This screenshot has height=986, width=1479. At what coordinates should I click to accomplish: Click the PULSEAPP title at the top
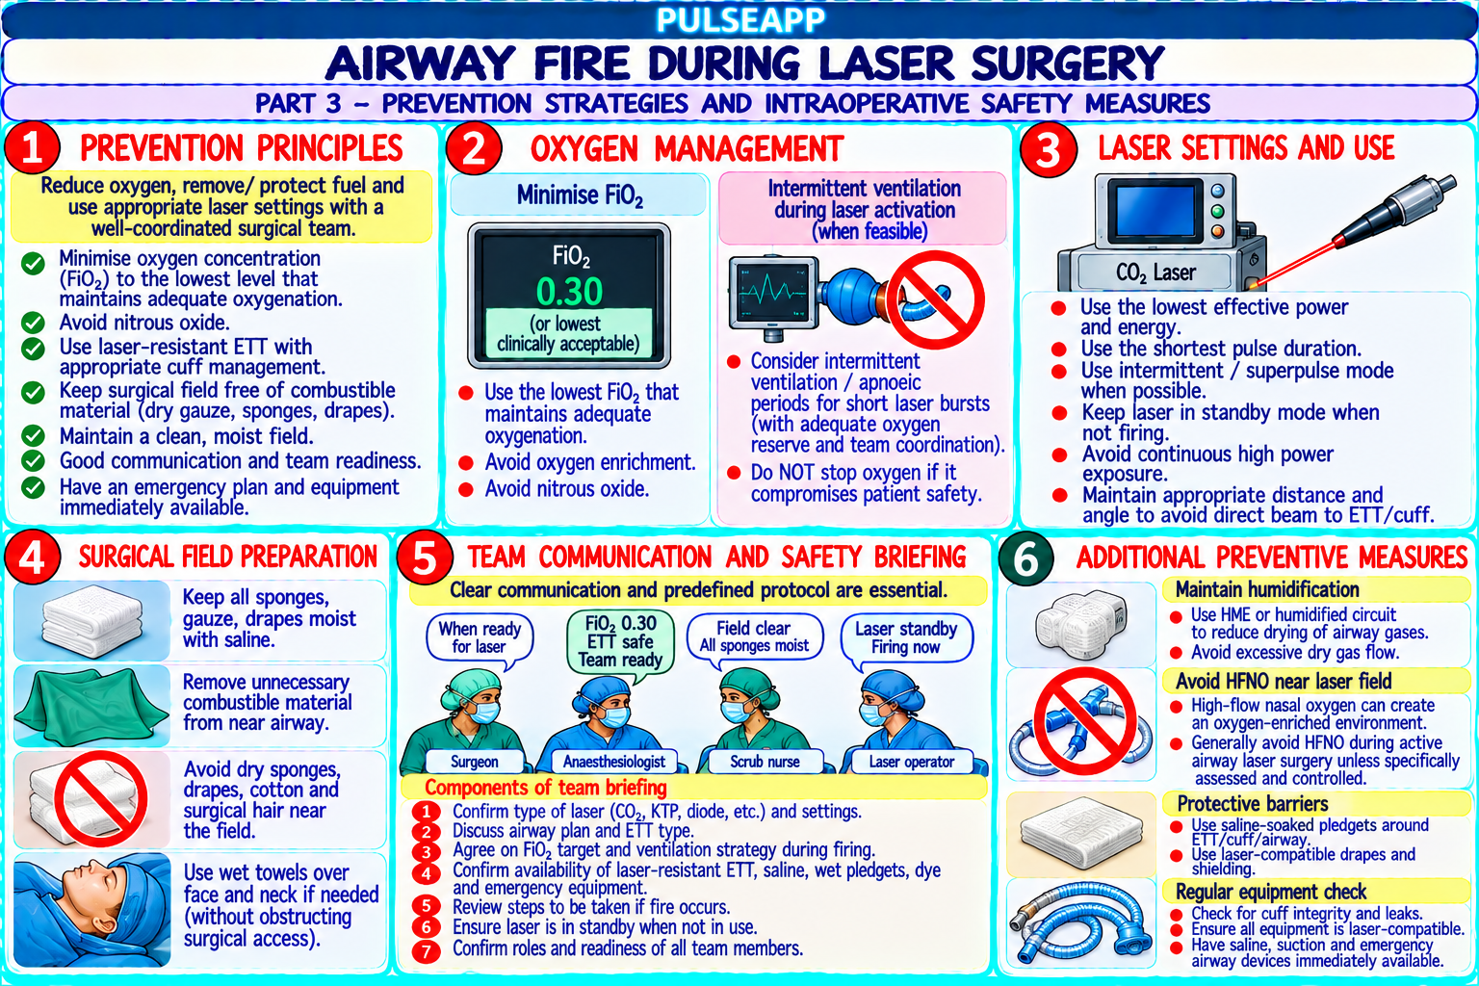tap(740, 20)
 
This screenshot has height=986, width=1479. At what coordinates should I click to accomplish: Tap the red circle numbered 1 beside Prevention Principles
tap(33, 148)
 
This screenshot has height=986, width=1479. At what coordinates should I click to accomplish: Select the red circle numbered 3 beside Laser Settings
tap(1049, 150)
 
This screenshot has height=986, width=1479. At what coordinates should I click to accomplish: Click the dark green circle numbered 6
tap(1026, 558)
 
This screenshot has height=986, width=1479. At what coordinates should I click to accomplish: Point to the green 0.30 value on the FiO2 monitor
tap(569, 292)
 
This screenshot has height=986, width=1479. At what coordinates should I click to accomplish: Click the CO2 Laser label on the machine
tap(1155, 272)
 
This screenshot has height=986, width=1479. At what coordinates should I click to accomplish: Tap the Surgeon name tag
tap(474, 762)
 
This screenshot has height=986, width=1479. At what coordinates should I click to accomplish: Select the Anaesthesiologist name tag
tap(613, 762)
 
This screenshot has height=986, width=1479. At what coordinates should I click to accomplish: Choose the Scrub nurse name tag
tap(765, 762)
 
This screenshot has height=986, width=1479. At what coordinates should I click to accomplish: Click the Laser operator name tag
tap(911, 762)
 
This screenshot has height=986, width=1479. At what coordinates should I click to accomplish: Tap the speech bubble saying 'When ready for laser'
tap(480, 638)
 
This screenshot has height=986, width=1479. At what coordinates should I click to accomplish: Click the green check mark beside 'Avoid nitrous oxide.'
tap(33, 323)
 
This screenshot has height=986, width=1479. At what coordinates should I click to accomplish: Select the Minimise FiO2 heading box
tap(579, 195)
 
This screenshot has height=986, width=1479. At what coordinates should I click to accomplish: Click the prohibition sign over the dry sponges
tap(100, 798)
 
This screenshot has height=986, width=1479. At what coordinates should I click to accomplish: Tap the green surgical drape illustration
tap(91, 705)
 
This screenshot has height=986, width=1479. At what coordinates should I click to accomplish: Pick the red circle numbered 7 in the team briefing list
tap(426, 950)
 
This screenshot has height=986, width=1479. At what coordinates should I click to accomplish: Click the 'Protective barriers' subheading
tap(1252, 804)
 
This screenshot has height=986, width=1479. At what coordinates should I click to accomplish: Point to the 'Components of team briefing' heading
tap(545, 788)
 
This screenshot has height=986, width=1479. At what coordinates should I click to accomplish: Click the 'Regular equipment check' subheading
tap(1271, 892)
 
